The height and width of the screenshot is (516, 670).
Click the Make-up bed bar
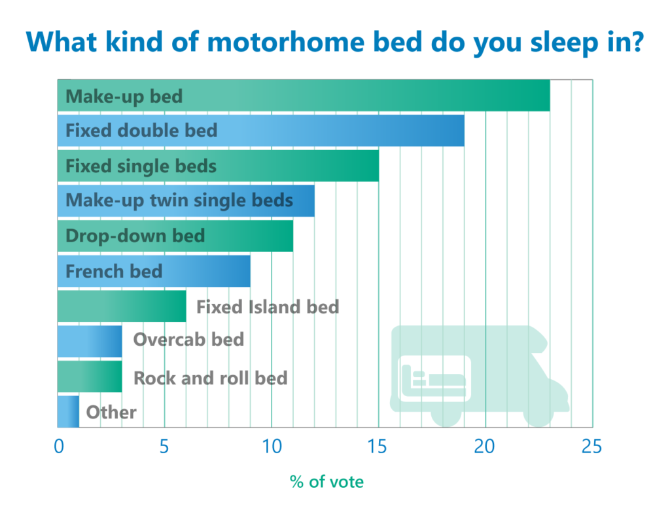(x=304, y=96)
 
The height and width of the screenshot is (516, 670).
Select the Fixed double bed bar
(x=261, y=130)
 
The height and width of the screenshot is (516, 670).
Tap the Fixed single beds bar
(x=218, y=166)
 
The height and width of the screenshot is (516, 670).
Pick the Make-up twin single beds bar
(x=186, y=200)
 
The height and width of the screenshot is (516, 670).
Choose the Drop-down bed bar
(x=175, y=236)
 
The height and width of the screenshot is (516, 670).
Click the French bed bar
(x=154, y=271)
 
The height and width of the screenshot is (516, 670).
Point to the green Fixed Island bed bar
(x=122, y=306)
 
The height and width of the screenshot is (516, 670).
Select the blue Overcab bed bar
(x=90, y=341)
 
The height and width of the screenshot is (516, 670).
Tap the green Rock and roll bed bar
(x=90, y=377)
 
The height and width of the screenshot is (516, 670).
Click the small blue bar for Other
(x=68, y=412)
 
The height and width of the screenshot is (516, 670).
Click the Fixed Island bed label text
(x=268, y=307)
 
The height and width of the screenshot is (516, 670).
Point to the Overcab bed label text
(x=188, y=339)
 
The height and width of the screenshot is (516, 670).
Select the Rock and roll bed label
(x=210, y=378)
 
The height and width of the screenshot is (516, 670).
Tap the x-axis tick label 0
(x=59, y=447)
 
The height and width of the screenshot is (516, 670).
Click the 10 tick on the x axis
(x=272, y=447)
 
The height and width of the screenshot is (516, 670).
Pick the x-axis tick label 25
(x=591, y=447)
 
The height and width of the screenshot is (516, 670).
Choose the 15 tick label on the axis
(x=377, y=447)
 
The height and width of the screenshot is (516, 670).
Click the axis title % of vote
(x=327, y=482)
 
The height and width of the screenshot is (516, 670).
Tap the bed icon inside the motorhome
(x=433, y=378)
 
